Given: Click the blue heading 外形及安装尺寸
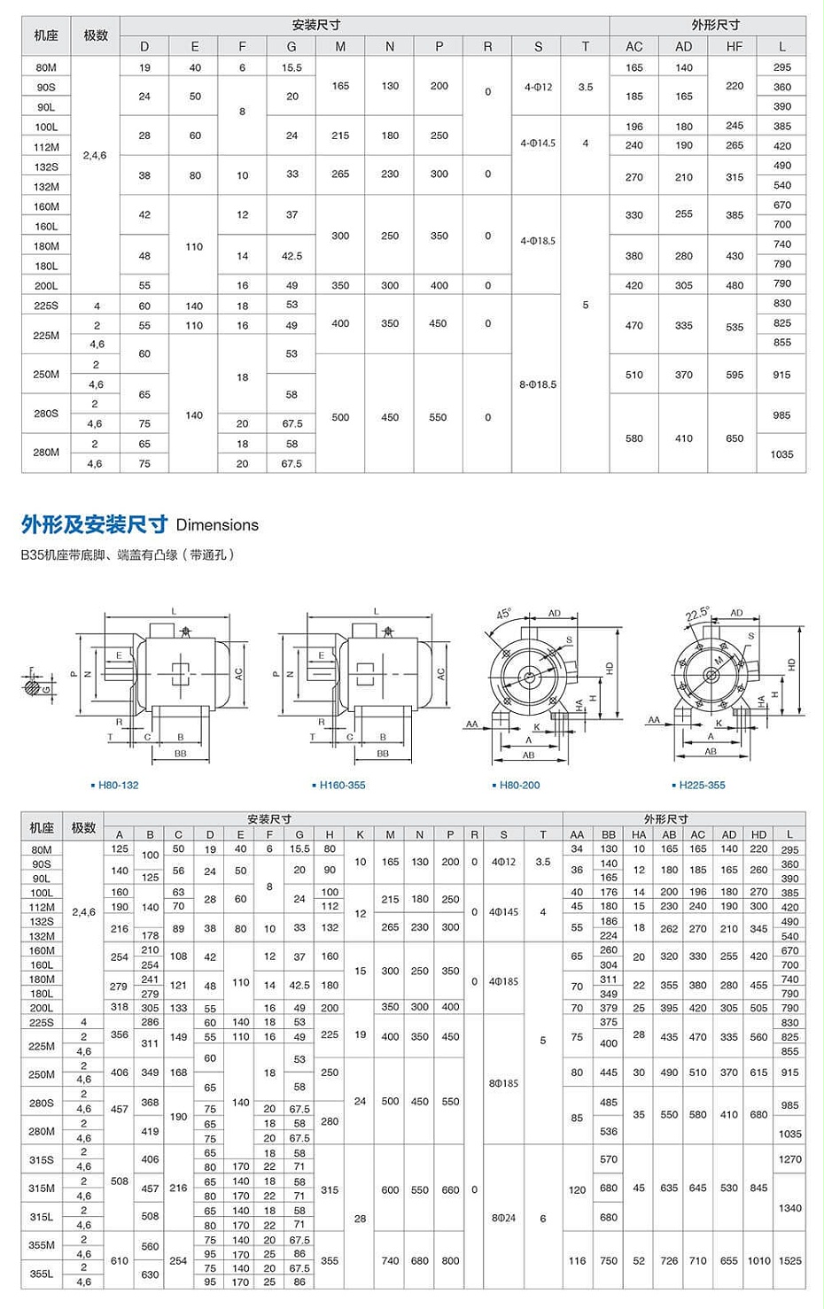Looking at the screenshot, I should click(x=94, y=524).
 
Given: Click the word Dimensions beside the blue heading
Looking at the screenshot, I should click(x=217, y=525).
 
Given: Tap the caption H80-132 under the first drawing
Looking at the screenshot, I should click(x=118, y=785).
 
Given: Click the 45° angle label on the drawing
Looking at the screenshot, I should click(x=503, y=614).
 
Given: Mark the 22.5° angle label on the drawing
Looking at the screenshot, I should click(x=697, y=614).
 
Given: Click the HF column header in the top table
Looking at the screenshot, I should click(x=735, y=46).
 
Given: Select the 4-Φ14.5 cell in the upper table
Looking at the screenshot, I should click(x=538, y=143).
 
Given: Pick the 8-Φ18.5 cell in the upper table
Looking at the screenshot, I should click(x=538, y=384).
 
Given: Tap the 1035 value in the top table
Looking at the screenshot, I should click(x=781, y=454).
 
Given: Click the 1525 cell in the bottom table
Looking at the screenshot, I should click(x=789, y=1260).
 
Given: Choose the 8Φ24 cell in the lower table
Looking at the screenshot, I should click(x=503, y=1218).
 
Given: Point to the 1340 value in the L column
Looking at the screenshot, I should click(x=789, y=1208).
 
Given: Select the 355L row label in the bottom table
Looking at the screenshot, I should click(x=42, y=1274).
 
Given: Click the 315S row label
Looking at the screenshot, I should click(x=42, y=1159).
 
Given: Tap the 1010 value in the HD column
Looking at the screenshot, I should click(x=758, y=1260).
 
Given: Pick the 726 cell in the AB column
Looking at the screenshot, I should click(x=669, y=1260).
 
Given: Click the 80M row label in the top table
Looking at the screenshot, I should click(x=46, y=67).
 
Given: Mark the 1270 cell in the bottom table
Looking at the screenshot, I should click(x=789, y=1159).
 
